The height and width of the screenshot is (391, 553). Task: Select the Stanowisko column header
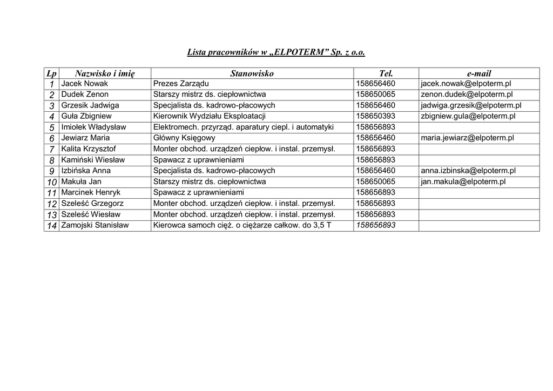252,73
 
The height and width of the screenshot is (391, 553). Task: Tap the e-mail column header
478,73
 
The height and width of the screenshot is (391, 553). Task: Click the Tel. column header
386,73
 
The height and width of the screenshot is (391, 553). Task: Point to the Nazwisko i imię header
105,73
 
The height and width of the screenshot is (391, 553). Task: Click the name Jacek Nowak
85,84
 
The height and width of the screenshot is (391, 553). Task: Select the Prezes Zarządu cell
181,84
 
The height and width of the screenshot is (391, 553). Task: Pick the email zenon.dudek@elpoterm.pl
467,95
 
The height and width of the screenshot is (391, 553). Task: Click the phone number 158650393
376,116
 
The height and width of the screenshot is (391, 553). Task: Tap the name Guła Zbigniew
86,116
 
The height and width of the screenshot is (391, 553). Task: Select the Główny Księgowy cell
184,138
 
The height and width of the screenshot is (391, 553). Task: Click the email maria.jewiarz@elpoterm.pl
467,138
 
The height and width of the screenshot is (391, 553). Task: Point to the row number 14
52,226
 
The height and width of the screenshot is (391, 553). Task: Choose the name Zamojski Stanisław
95,225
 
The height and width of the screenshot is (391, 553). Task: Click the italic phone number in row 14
376,225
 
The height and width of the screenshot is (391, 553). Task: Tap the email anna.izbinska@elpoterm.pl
468,171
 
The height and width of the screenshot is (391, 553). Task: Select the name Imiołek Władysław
93,127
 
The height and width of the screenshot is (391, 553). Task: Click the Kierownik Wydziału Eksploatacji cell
210,116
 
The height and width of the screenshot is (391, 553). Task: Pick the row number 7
52,150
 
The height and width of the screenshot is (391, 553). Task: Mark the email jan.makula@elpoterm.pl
463,181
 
